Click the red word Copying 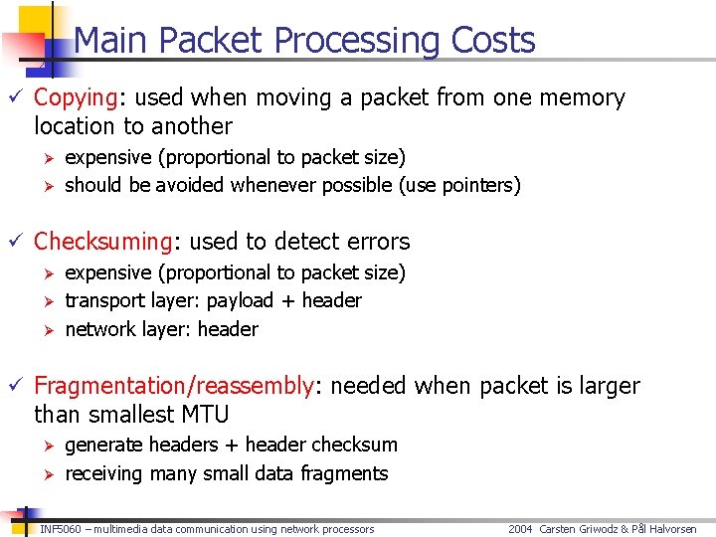(76, 98)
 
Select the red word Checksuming (103, 242)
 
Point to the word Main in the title (112, 41)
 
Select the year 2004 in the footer (520, 529)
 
